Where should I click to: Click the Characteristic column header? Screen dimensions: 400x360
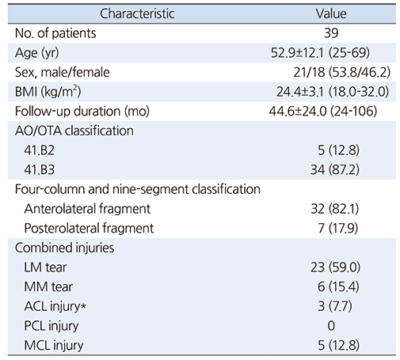[x=137, y=13]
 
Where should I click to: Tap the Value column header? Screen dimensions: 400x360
[x=331, y=13]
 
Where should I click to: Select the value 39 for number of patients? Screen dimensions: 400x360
[x=331, y=33]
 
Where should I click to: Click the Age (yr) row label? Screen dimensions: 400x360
[x=37, y=53]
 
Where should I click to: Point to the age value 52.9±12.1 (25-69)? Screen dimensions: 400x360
[x=320, y=53]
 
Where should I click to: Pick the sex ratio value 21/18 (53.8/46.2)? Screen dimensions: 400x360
[x=341, y=72]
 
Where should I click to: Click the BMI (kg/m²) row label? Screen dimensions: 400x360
[x=48, y=92]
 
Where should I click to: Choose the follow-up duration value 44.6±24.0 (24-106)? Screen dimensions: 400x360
[x=323, y=112]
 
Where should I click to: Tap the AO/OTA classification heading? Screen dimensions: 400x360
[x=74, y=131]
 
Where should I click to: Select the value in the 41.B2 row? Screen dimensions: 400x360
[x=338, y=150]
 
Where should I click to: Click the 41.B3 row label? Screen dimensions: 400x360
[x=40, y=170]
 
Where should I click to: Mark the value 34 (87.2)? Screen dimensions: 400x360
[x=335, y=170]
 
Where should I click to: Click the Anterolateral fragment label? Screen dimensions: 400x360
[x=87, y=209]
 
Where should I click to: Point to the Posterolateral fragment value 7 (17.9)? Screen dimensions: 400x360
[x=338, y=229]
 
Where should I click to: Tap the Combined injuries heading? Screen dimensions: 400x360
[x=65, y=248]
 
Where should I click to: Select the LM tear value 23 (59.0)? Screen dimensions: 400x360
[x=335, y=267]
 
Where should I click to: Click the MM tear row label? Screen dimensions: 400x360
[x=48, y=287]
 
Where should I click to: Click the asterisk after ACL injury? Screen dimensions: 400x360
[x=83, y=306]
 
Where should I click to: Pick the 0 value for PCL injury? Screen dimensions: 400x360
[x=331, y=326]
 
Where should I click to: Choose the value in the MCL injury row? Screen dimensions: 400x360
[x=338, y=346]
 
